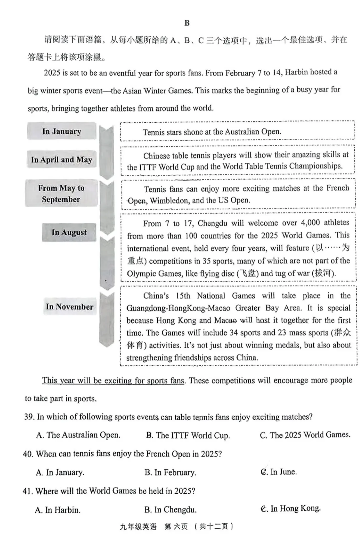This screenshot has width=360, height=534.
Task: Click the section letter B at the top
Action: (187, 23)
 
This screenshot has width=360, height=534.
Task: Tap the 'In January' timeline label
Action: (62, 131)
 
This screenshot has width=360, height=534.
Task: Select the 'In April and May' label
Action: (61, 160)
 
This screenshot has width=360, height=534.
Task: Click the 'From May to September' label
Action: (61, 194)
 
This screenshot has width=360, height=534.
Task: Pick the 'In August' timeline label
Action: (69, 232)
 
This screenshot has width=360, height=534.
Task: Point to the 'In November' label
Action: (70, 307)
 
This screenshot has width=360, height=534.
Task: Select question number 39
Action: (29, 417)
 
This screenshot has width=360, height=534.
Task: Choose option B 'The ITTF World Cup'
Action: (188, 435)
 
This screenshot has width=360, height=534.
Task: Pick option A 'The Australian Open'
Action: (78, 435)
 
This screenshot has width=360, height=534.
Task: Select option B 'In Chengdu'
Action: (171, 510)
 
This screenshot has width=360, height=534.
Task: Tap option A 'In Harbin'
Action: (58, 510)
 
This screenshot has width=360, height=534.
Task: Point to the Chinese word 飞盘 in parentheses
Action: (248, 274)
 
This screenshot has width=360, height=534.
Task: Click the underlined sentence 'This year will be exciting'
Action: (113, 381)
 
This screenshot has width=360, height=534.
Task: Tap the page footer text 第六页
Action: (176, 526)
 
